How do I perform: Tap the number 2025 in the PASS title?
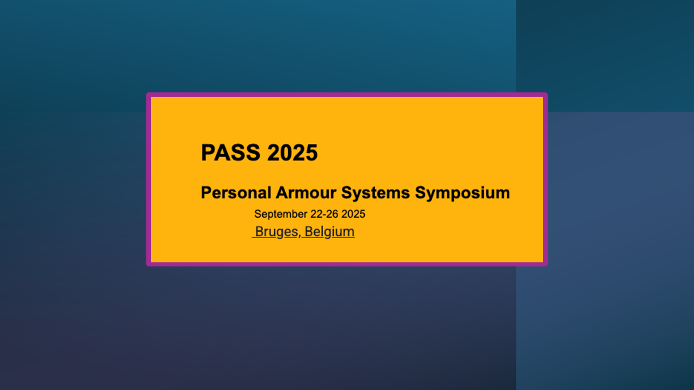pos(292,153)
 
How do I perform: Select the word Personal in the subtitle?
pos(236,193)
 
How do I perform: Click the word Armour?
pos(306,193)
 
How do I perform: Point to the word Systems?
pos(375,193)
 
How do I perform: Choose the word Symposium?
pos(462,193)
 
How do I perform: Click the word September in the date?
pos(281,214)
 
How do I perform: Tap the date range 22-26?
pos(324,214)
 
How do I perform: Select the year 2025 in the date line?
pos(353,214)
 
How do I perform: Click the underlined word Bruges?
pos(276,232)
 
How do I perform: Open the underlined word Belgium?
pos(329,232)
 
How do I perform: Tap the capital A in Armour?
pos(281,193)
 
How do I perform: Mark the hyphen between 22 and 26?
pos(324,215)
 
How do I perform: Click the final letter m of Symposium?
pos(503,193)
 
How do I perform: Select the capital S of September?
pos(257,214)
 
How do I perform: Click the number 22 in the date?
pos(316,214)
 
